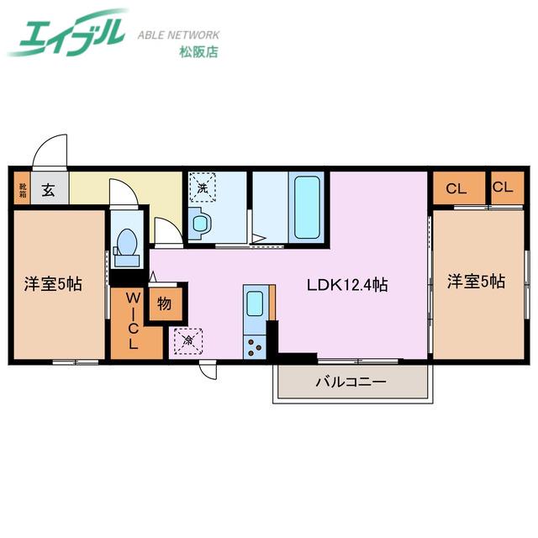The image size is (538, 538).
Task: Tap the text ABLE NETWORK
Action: pos(178,35)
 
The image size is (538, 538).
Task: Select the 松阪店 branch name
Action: pos(198,52)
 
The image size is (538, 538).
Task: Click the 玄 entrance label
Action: pos(49,191)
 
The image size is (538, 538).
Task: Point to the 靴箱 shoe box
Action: pos(23,187)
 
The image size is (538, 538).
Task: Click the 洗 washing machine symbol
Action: pos(203,187)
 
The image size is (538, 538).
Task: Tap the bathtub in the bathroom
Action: pos(307,208)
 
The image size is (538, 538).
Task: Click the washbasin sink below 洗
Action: pos(200,224)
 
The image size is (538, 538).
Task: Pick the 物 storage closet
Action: pos(166,304)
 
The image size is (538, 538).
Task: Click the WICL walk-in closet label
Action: pos(133,320)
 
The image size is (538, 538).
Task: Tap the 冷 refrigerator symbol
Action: pos(188,340)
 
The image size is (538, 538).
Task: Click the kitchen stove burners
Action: pos(254,347)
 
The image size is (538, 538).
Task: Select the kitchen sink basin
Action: pos(255,303)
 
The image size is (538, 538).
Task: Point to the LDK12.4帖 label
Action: pos(347,285)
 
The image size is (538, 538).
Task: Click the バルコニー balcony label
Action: pos(351,382)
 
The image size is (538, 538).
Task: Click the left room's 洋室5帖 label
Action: pos(53,284)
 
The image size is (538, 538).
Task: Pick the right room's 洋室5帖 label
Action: pos(476,282)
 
